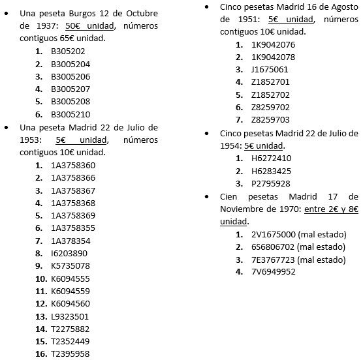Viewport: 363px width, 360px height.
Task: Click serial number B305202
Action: click(68, 52)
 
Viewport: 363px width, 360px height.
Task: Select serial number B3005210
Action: click(71, 113)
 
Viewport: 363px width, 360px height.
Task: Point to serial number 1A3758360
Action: click(73, 166)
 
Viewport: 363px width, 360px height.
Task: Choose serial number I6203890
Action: click(69, 252)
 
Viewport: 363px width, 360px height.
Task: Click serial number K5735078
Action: click(71, 265)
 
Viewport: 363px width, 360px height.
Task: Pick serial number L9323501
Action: click(71, 316)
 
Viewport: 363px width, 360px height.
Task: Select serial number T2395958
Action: click(71, 353)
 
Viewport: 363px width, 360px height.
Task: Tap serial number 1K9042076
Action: click(273, 44)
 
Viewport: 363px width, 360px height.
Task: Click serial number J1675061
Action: click(270, 70)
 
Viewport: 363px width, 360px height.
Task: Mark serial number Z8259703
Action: click(270, 120)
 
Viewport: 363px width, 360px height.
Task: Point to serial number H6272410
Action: click(271, 158)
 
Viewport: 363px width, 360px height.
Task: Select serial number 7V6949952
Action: click(273, 271)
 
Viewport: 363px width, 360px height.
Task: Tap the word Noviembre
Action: click(231, 209)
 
